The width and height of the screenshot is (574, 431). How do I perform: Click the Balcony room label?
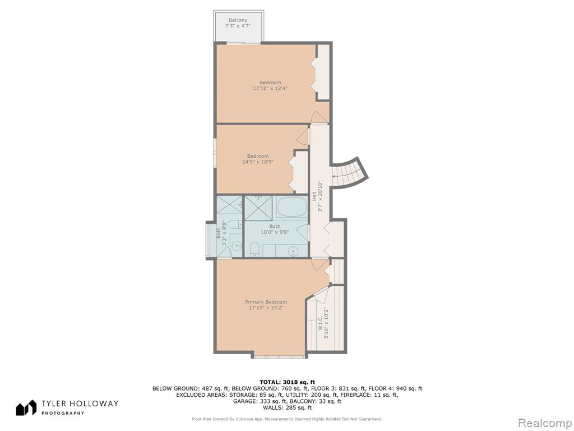[x=238, y=20]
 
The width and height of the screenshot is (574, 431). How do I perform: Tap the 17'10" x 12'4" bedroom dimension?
[x=270, y=88]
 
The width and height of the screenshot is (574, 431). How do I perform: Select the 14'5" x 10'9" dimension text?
[x=258, y=162]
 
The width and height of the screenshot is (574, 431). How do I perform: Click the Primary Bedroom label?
[x=266, y=302]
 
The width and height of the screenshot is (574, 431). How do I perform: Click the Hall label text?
[x=314, y=196]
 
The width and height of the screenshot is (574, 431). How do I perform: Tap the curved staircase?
[x=350, y=173]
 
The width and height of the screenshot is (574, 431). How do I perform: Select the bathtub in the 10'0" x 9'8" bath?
[x=291, y=208]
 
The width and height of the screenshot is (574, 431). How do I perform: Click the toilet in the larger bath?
[x=254, y=249]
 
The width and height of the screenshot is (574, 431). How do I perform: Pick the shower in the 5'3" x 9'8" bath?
[x=229, y=204]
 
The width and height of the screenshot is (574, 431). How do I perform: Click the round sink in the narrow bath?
[x=237, y=245]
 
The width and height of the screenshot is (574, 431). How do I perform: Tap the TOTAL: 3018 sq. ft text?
[x=287, y=382]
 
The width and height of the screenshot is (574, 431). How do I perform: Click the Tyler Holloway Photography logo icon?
[x=26, y=407]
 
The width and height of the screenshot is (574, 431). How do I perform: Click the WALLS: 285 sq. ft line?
[x=287, y=407]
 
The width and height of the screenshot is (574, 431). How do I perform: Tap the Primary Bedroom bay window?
[x=279, y=356]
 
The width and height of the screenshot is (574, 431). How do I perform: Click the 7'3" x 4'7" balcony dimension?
[x=238, y=26]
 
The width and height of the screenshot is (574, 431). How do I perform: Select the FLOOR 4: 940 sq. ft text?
[x=395, y=388]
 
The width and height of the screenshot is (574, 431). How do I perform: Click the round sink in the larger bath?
[x=293, y=251]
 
